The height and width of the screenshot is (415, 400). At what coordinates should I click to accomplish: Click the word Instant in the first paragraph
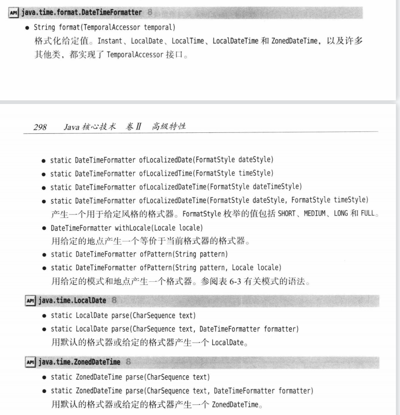[x=104, y=41]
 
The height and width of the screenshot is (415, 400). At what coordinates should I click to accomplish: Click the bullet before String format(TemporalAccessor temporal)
[x=28, y=27]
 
